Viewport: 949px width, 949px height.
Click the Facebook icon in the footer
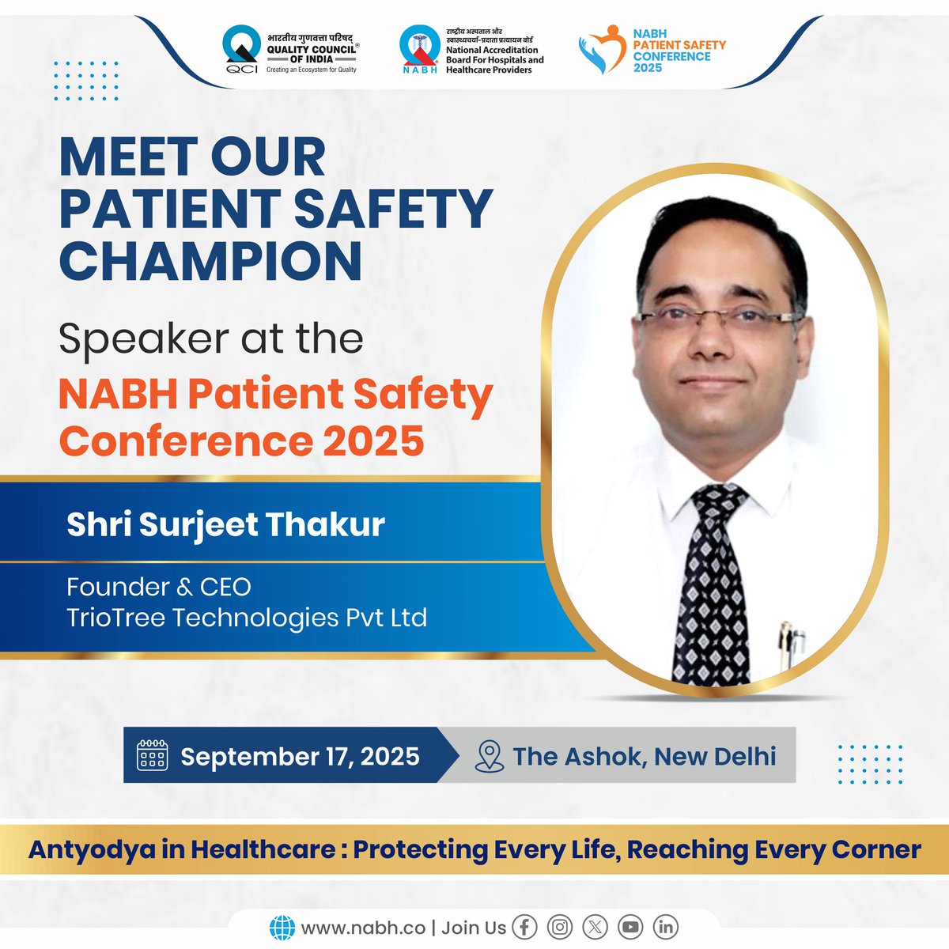tap(524, 927)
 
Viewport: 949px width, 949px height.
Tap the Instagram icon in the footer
tap(560, 927)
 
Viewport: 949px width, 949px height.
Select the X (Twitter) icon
tap(595, 927)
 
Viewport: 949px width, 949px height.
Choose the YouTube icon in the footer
tap(630, 927)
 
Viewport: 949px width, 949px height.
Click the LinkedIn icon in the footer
tap(666, 927)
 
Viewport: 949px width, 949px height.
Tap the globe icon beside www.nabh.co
tap(282, 928)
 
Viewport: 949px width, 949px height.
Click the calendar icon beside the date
tap(152, 756)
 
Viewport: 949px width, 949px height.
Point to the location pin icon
tap(490, 756)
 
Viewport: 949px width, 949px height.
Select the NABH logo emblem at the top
tap(418, 49)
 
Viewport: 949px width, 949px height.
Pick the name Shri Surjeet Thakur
tap(225, 525)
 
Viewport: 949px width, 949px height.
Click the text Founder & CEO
tap(159, 587)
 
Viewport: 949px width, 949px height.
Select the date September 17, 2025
tap(300, 757)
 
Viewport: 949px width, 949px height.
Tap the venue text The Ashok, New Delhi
tap(644, 757)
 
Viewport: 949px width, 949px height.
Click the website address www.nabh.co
tap(363, 928)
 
